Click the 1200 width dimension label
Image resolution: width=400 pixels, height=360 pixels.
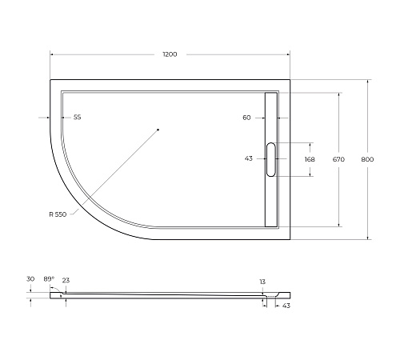point(169,54)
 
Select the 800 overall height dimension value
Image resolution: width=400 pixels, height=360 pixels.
point(367,159)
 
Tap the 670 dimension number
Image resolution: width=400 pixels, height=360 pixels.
point(338,159)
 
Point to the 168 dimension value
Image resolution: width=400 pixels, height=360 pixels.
point(310,159)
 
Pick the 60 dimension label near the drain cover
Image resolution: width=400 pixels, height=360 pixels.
point(246,118)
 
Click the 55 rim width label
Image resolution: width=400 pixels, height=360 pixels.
point(77,118)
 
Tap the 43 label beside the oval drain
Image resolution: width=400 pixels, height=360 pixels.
point(249,158)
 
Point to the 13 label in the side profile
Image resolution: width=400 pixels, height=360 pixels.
point(262,282)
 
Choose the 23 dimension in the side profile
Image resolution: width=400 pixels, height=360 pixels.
point(66,280)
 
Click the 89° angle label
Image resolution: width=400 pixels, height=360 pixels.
point(49,278)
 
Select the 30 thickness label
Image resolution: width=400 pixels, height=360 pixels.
point(30,278)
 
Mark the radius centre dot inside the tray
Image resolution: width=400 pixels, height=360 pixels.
point(158,130)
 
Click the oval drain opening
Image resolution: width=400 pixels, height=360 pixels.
point(271,159)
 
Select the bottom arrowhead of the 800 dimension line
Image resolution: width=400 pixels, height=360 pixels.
point(367,238)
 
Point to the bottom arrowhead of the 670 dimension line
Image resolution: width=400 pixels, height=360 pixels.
point(338,225)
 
